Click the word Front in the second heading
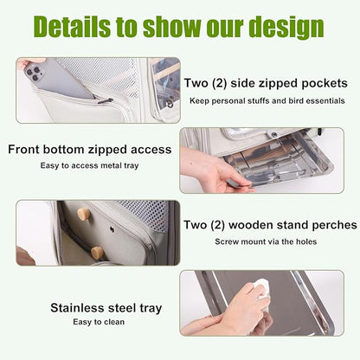pyautogui.click(x=27, y=149)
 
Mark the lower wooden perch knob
pyautogui.click(x=97, y=252)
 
